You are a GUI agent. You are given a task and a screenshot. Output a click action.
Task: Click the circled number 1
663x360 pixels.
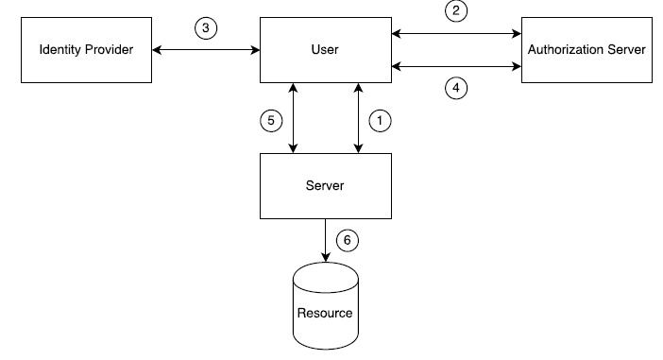click(380, 120)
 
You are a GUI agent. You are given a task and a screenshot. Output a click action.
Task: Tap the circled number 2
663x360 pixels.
click(456, 12)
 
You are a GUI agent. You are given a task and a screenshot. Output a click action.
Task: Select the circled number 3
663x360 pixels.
click(206, 28)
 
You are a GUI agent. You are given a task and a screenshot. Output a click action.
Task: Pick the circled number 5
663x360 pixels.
click(270, 120)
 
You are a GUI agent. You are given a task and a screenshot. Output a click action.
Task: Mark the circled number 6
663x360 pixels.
click(348, 240)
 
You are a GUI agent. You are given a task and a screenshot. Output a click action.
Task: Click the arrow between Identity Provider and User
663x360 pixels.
click(206, 49)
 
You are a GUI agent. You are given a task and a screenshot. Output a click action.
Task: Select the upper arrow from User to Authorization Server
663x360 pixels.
click(456, 34)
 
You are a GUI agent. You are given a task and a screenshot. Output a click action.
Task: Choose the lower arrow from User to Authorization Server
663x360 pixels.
click(456, 66)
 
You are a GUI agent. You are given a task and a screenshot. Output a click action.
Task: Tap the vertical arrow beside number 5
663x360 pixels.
click(295, 117)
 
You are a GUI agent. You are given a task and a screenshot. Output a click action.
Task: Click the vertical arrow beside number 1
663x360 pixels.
click(359, 117)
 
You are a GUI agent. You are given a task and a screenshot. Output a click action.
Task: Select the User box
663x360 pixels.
click(326, 49)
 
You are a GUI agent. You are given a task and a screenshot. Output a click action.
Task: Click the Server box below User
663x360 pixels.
click(326, 185)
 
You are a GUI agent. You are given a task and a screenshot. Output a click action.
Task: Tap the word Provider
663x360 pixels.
click(110, 49)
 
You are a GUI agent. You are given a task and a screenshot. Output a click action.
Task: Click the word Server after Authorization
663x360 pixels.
click(626, 49)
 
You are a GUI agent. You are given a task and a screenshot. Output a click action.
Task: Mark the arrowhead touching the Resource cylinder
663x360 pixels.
click(326, 258)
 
